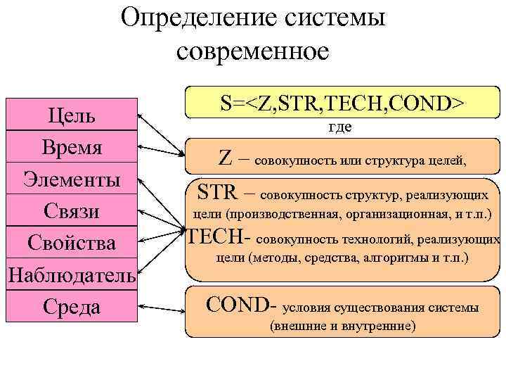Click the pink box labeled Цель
pos(71,115)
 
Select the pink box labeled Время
pos(71,148)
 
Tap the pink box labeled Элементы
pos(71,179)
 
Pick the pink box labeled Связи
pos(71,211)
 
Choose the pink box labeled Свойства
pos(71,243)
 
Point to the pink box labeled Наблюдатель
pos(71,275)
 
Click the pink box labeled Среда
pos(71,308)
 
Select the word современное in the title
pos(253,51)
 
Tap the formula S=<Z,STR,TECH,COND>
pos(342,103)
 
